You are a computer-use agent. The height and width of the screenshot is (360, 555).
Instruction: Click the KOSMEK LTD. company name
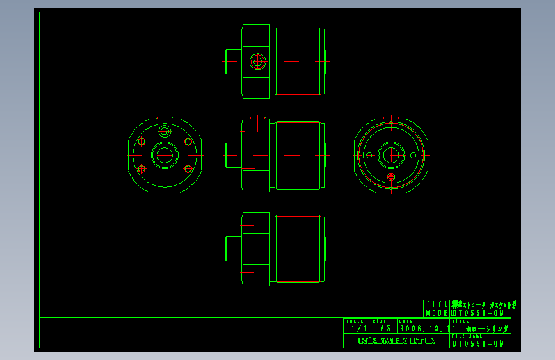(x=396, y=341)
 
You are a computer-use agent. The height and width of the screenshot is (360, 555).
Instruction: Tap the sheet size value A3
(x=385, y=329)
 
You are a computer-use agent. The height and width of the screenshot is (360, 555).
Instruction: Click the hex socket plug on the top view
(x=258, y=61)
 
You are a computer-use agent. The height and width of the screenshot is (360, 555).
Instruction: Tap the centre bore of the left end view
(x=165, y=155)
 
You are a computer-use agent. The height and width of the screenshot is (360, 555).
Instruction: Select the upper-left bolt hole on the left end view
(x=142, y=142)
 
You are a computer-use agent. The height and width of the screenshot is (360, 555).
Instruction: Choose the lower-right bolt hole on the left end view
(x=188, y=168)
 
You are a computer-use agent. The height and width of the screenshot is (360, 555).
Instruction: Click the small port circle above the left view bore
(x=165, y=132)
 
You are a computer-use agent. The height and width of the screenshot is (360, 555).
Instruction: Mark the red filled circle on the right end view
(x=392, y=176)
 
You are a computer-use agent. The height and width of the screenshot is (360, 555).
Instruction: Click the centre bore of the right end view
(x=391, y=155)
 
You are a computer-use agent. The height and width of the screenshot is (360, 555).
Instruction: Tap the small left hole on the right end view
(x=369, y=155)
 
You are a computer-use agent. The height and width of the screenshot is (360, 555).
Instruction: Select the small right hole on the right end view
(x=413, y=155)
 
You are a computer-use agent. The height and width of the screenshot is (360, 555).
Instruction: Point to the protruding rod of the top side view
(x=232, y=61)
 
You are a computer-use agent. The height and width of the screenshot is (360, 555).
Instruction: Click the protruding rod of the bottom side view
(x=232, y=248)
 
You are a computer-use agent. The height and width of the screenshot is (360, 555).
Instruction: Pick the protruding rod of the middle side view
(x=232, y=155)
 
